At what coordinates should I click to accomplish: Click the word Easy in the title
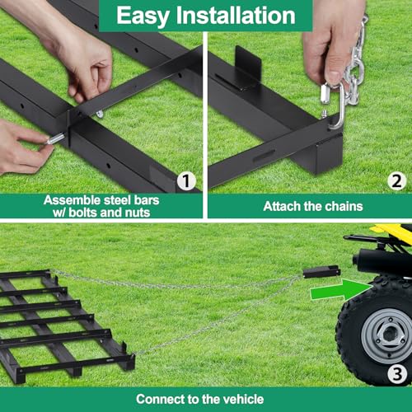coord(143,16)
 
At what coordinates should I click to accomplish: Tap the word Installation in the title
coord(236,15)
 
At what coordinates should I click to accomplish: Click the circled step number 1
coord(186,181)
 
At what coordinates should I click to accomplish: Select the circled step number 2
coord(396,181)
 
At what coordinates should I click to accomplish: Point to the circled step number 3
coord(397,374)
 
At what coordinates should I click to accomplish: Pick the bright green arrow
coord(341,290)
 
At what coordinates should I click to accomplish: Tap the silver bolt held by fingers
coord(55,138)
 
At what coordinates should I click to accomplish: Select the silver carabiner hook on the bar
coord(336,105)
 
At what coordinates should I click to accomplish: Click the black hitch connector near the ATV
coord(321,272)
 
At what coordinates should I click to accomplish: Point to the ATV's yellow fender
coord(395,232)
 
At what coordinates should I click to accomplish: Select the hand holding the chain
coord(333,41)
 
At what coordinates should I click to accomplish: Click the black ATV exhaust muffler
coord(379,261)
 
